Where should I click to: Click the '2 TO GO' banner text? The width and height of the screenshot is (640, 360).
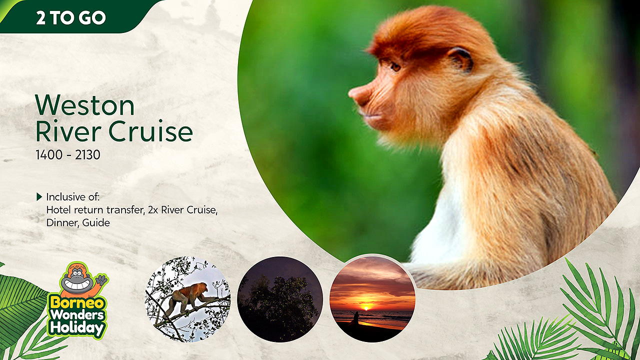coord(71,17)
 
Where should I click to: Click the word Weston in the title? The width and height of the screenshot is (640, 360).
coord(84,105)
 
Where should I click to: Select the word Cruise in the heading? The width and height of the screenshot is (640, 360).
coord(150,131)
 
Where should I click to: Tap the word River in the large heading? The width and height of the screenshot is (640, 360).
coord(68,131)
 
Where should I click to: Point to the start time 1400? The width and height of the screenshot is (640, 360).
coord(49,155)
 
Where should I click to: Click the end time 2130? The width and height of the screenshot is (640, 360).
coord(87,155)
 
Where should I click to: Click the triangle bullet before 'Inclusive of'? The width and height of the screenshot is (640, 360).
coord(39,196)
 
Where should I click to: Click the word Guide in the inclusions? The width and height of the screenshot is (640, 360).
coord(96,223)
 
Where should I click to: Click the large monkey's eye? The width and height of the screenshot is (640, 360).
coord(395,66)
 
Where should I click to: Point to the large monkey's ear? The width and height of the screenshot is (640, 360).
coord(460,59)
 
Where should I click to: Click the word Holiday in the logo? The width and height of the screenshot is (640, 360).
coord(77,328)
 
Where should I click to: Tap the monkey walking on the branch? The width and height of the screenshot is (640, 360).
coord(187,299)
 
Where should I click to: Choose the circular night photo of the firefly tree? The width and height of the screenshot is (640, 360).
coord(280,299)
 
